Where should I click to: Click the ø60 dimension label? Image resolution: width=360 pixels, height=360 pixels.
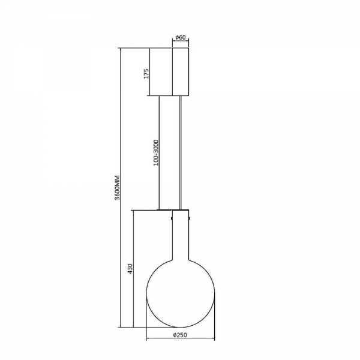click(181, 37)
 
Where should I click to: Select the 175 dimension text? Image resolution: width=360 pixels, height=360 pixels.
click(146, 73)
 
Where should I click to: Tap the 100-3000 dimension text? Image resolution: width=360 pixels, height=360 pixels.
click(156, 152)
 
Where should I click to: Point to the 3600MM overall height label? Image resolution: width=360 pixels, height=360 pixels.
click(118, 188)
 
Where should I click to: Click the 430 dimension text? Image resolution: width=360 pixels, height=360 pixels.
click(130, 269)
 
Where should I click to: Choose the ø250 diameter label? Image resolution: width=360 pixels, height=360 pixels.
click(180, 335)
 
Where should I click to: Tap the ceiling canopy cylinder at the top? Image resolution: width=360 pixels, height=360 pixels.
click(181, 71)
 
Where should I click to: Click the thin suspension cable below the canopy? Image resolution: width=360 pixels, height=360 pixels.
click(181, 152)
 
